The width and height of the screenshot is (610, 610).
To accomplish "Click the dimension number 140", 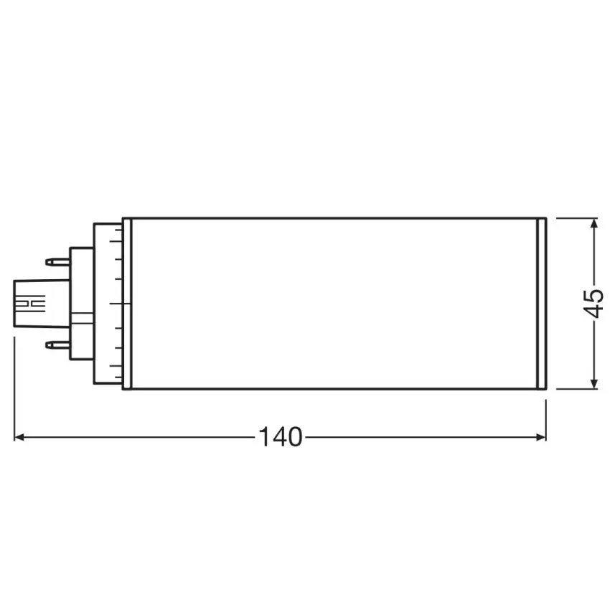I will point(281,436).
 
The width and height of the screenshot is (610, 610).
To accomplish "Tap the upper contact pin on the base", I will point(57,262).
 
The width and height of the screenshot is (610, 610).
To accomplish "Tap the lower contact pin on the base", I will point(57,345).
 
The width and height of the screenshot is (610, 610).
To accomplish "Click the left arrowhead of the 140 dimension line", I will point(19,436).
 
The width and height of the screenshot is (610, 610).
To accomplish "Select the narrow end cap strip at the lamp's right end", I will point(542,304).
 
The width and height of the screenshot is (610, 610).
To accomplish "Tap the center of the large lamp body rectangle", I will point(334,304).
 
